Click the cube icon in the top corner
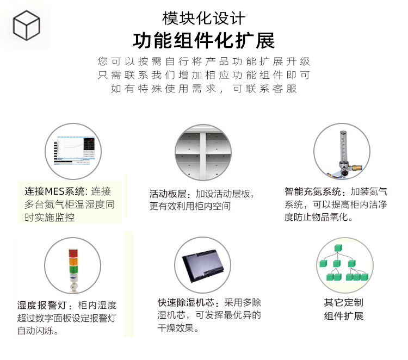click(x=26, y=25)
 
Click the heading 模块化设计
click(x=204, y=18)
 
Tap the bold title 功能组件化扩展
click(x=204, y=41)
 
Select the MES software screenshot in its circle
click(x=74, y=150)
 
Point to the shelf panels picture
click(x=203, y=152)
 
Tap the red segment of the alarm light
click(x=73, y=253)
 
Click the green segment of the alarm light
click(x=73, y=270)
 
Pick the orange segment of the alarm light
click(x=73, y=262)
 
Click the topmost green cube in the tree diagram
click(x=338, y=247)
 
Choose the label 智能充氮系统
click(x=313, y=192)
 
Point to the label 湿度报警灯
click(x=42, y=305)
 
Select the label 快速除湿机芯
click(x=186, y=302)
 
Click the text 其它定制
click(x=343, y=302)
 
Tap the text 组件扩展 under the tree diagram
click(x=343, y=316)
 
